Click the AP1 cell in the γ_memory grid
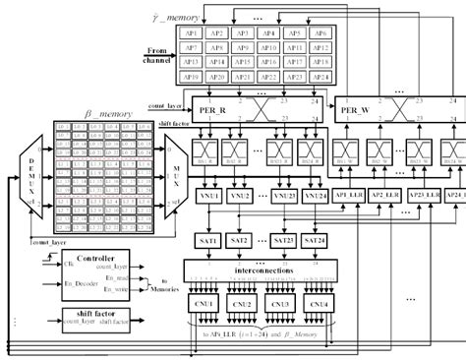tap(192, 31)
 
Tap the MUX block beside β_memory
tap(174, 181)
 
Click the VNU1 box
tap(209, 197)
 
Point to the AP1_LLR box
tap(352, 196)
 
